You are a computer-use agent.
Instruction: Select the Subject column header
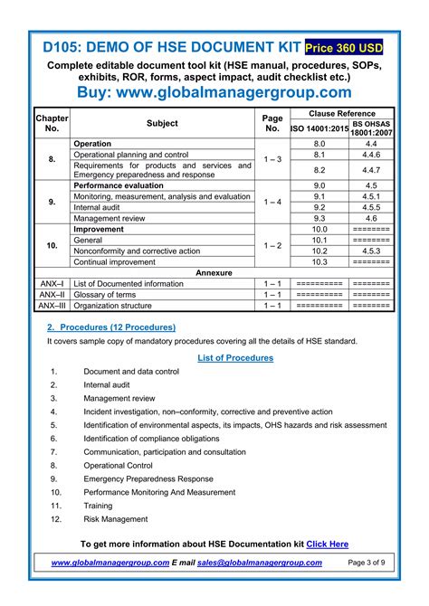(x=162, y=123)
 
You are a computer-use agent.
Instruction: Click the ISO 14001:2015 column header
(x=319, y=129)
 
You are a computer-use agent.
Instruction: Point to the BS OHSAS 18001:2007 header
(x=371, y=128)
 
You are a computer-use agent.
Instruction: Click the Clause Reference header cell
(x=342, y=115)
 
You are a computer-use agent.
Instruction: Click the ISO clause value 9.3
(x=319, y=218)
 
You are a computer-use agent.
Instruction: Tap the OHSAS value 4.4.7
(x=371, y=170)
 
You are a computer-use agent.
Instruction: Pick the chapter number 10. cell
(x=52, y=245)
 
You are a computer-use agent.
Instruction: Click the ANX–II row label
(x=52, y=294)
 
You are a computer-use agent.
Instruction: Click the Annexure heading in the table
(x=214, y=272)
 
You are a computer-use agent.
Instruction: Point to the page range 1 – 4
(x=272, y=202)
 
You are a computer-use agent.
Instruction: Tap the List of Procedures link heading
(x=234, y=358)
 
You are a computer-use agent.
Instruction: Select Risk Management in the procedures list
(x=115, y=518)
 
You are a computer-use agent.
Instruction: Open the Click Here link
(x=327, y=544)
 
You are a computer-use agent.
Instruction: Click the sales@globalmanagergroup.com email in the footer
(x=260, y=562)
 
